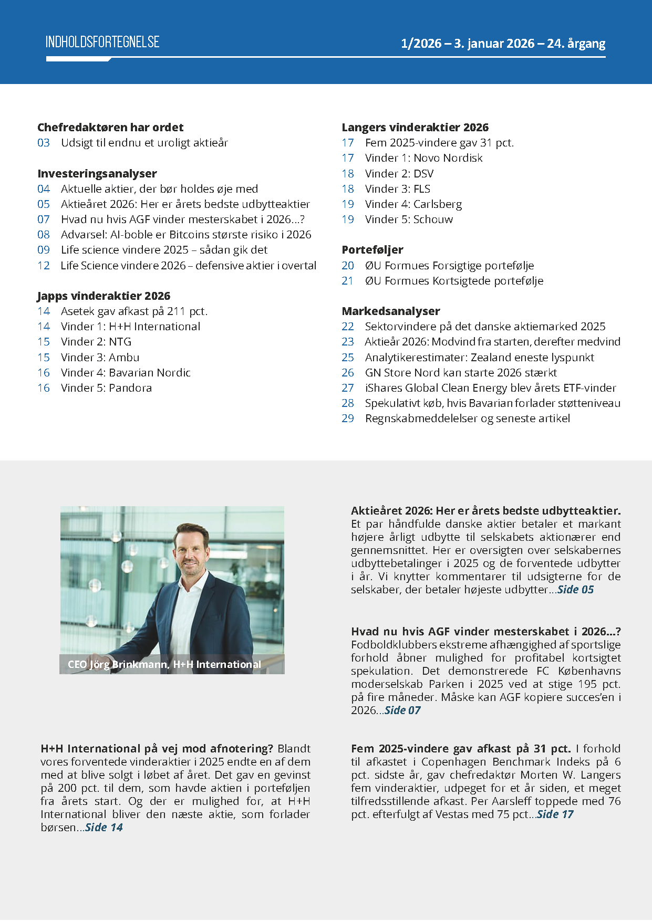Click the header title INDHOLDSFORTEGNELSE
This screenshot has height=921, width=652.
click(x=102, y=43)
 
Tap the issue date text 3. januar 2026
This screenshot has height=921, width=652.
click(x=494, y=44)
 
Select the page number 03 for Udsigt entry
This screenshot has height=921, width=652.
click(x=44, y=143)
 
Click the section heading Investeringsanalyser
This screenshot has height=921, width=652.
click(x=97, y=174)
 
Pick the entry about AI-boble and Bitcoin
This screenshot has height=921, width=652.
click(x=186, y=235)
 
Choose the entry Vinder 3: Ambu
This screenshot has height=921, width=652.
click(x=100, y=358)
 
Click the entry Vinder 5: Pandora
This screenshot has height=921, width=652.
click(x=106, y=388)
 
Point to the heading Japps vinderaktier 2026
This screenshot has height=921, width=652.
click(x=104, y=296)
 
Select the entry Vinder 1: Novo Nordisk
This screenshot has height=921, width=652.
click(x=423, y=158)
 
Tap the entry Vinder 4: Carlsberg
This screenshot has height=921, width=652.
click(x=413, y=204)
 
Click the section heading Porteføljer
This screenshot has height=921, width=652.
click(x=372, y=250)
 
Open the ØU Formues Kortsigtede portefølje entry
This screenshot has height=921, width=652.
click(x=454, y=281)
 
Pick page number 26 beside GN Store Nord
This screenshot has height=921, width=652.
click(x=348, y=373)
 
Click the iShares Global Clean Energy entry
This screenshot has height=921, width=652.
click(x=490, y=388)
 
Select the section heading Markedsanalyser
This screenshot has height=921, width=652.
click(x=391, y=311)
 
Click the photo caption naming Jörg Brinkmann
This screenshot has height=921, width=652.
click(x=164, y=665)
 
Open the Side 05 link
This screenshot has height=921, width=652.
click(x=575, y=590)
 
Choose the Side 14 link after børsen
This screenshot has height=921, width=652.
click(x=104, y=828)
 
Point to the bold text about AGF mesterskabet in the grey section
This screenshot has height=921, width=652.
click(x=485, y=632)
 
